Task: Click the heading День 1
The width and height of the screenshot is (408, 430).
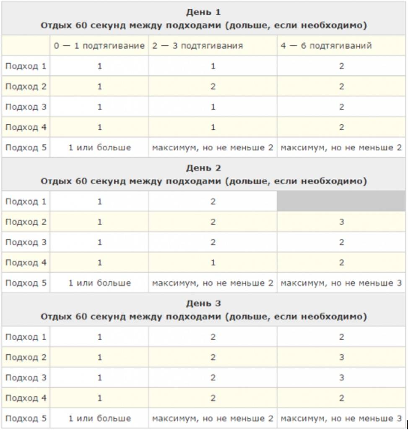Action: coord(203,12)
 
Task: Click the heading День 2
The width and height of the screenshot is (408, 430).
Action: coord(203,168)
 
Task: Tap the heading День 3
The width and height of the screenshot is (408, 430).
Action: coord(203,303)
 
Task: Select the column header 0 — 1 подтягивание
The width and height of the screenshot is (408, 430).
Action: coord(99,46)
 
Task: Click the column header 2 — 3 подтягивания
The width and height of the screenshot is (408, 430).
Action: coord(198,46)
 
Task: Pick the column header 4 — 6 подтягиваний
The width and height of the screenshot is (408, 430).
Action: coord(326,46)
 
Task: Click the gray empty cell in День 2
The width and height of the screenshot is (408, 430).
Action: coord(341,202)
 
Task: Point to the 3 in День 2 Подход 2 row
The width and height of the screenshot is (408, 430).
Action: coord(342,222)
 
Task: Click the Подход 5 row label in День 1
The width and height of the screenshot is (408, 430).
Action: coord(26,147)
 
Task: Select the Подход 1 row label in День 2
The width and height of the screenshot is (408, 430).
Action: coord(26,202)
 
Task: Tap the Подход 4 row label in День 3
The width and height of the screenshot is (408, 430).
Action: coord(26,398)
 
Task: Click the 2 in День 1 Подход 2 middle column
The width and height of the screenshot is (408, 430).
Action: coord(213,87)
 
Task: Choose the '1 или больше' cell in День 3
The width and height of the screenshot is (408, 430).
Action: coord(99,418)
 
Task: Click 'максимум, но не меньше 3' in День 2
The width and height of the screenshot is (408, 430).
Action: coord(341,283)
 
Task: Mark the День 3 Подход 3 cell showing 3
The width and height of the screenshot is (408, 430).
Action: coord(342,378)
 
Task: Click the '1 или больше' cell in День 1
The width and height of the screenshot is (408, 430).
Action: coord(99,147)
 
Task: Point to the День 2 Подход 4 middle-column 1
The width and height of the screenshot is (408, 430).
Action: coord(213,262)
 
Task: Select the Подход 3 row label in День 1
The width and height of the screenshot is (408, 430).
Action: coord(26,107)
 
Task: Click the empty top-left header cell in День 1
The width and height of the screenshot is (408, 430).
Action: coord(26,46)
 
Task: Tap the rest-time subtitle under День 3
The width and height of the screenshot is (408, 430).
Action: coord(203,317)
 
